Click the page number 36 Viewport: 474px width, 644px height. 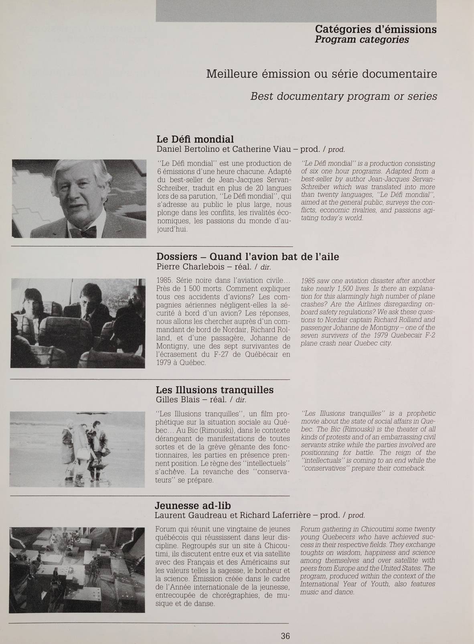pos(285,636)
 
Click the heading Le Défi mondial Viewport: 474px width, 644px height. pos(194,139)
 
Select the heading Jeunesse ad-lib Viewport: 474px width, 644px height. pos(193,505)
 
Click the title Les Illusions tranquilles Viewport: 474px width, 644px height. pos(214,390)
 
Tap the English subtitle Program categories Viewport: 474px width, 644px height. pos(362,40)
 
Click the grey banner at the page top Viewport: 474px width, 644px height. pos(296,11)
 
